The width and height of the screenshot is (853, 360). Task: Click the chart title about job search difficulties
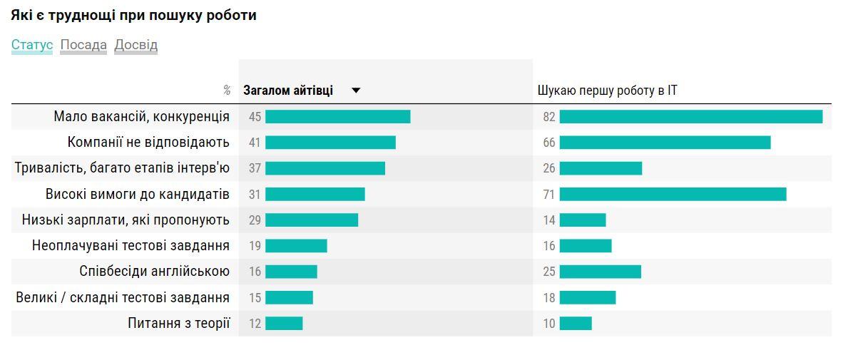pyautogui.click(x=133, y=15)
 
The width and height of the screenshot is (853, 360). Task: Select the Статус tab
pyautogui.click(x=32, y=45)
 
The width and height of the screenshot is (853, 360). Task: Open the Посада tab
pyautogui.click(x=83, y=45)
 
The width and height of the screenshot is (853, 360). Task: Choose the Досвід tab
pyautogui.click(x=136, y=45)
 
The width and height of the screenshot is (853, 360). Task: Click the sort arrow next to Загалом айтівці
pyautogui.click(x=357, y=91)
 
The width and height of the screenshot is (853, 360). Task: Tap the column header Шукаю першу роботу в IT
pyautogui.click(x=607, y=91)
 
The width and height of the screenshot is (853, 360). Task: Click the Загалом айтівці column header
pyautogui.click(x=288, y=91)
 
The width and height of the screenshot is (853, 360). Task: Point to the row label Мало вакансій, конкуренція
pyautogui.click(x=141, y=116)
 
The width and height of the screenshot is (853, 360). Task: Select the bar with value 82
pyautogui.click(x=690, y=117)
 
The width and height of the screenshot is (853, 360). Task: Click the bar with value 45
pyautogui.click(x=337, y=117)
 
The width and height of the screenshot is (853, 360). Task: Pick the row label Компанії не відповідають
pyautogui.click(x=148, y=142)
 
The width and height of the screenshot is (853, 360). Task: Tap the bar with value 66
pyautogui.click(x=665, y=143)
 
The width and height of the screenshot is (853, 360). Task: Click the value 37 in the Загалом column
pyautogui.click(x=255, y=168)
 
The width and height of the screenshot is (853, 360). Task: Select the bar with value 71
pyautogui.click(x=673, y=194)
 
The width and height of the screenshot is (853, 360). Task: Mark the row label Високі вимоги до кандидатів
pyautogui.click(x=138, y=194)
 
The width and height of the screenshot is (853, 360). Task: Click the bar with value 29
pyautogui.click(x=312, y=220)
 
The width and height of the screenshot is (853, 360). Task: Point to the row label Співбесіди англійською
pyautogui.click(x=155, y=271)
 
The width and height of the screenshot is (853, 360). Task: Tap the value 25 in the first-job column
pyautogui.click(x=548, y=272)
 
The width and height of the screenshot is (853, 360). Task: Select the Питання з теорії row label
pyautogui.click(x=179, y=323)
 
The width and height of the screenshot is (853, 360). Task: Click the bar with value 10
pyautogui.click(x=576, y=324)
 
